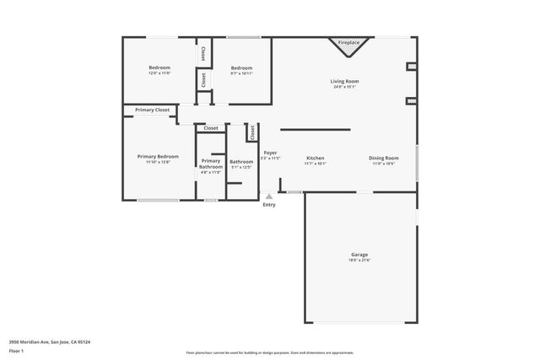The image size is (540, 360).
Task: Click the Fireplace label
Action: click(348, 42)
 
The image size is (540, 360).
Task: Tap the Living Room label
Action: click(343, 81)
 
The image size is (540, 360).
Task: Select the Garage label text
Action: click(359, 254)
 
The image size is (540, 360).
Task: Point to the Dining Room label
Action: click(384, 158)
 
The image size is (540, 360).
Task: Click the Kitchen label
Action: click(316, 158)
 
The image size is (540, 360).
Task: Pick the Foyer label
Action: click(270, 153)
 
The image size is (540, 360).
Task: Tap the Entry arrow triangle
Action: click(269, 196)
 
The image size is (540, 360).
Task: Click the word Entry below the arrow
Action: click(269, 205)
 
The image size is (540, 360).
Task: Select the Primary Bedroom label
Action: click(159, 156)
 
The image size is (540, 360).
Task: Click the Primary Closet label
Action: click(152, 110)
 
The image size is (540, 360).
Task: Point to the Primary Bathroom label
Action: click(211, 164)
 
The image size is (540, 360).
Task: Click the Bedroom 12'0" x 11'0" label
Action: click(159, 67)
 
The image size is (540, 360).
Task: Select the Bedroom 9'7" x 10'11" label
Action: click(241, 67)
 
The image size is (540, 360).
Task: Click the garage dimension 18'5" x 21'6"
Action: click(359, 261)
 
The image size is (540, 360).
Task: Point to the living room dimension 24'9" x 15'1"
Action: click(343, 87)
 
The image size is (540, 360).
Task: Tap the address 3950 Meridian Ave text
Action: click(50, 341)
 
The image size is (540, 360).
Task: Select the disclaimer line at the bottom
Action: click(269, 353)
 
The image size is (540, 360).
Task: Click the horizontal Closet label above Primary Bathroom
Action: click(211, 128)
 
